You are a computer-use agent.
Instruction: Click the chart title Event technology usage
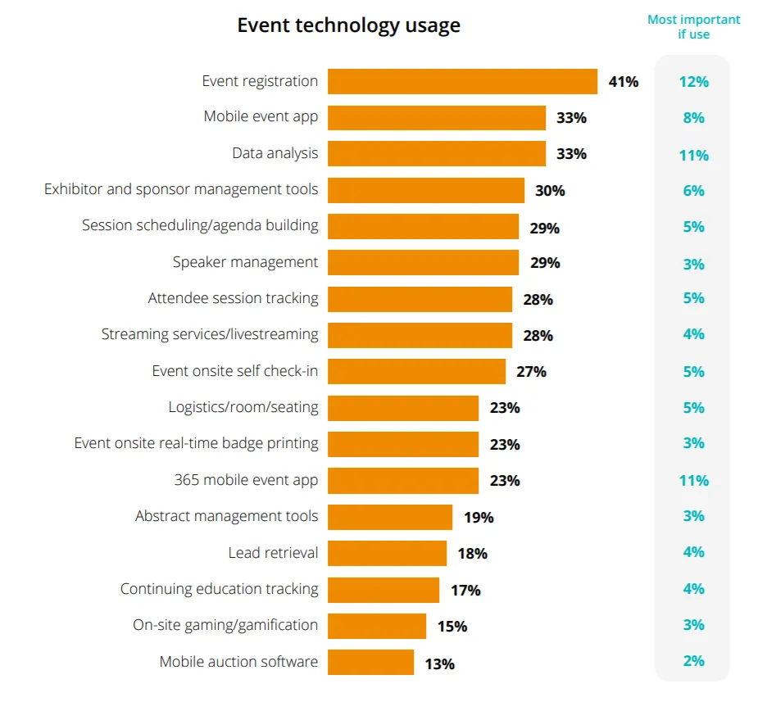(x=348, y=25)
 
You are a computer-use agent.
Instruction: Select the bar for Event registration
(x=462, y=82)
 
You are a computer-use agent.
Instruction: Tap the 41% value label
(x=624, y=82)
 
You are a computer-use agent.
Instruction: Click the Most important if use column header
(x=693, y=27)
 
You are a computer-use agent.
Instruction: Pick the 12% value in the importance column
(x=693, y=82)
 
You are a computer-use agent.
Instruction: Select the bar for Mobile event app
(x=437, y=118)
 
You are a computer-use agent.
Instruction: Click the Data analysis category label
(x=275, y=154)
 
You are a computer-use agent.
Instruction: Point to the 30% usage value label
(x=550, y=191)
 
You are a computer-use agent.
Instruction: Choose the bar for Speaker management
(x=423, y=263)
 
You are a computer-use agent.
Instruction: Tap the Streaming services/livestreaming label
(x=210, y=334)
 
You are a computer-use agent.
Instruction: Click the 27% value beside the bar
(x=531, y=372)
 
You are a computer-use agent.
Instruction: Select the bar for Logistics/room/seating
(x=403, y=408)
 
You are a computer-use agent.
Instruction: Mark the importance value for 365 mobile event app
(x=693, y=481)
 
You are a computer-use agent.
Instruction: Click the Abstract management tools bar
(x=390, y=517)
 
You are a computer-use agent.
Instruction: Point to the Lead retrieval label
(x=273, y=553)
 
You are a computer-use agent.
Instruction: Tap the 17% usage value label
(x=465, y=591)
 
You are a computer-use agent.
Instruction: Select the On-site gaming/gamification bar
(x=377, y=626)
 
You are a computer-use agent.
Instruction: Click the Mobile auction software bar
(x=370, y=662)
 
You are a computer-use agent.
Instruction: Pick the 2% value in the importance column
(x=693, y=662)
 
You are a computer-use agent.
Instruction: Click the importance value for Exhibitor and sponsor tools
(x=693, y=191)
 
